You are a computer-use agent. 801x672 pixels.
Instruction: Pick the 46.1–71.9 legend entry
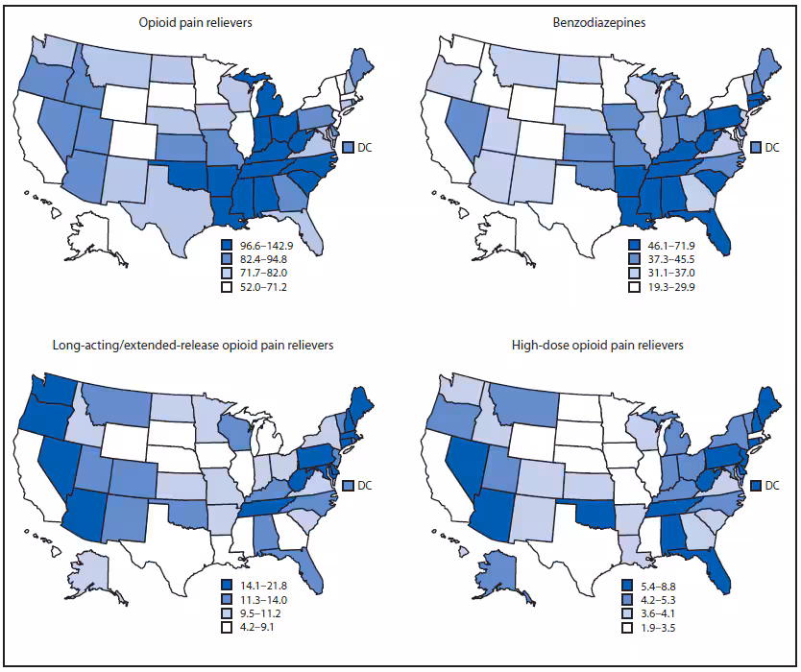[x=628, y=246]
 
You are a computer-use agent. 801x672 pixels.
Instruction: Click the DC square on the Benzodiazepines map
[x=754, y=147]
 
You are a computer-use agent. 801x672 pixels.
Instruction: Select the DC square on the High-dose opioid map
[x=754, y=486]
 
